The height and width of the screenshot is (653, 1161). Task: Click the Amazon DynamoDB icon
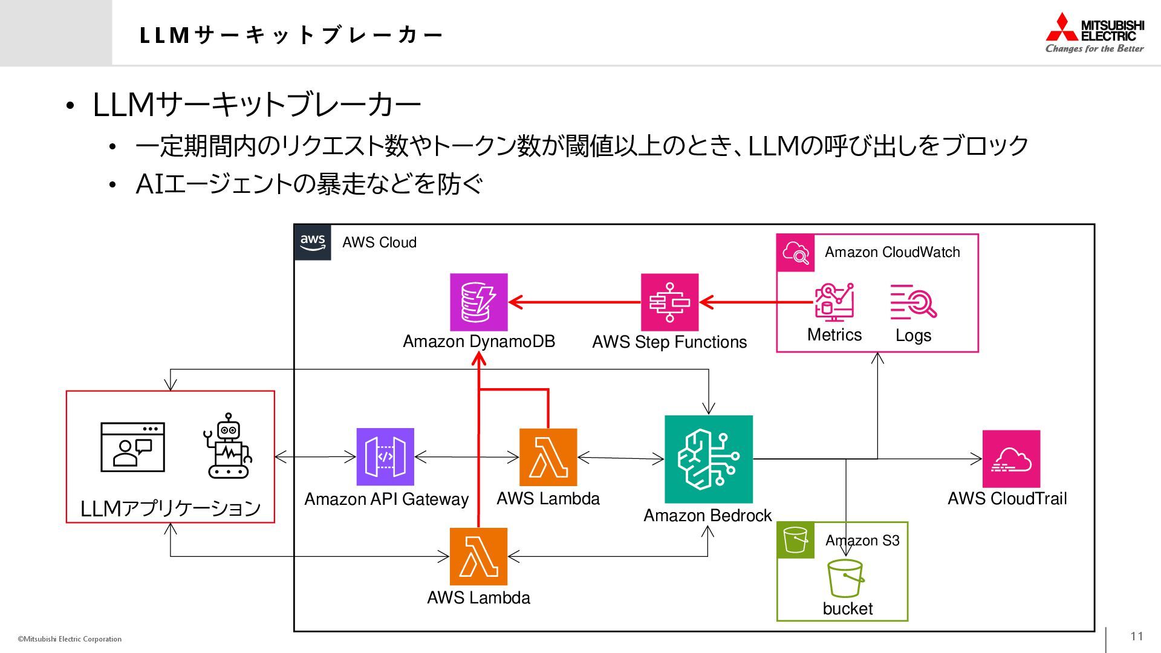coord(478,302)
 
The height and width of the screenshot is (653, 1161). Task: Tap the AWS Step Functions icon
coord(669,302)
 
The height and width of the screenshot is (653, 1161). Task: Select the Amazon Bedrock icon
coord(708,459)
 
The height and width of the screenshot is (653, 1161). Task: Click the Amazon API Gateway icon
coord(385,456)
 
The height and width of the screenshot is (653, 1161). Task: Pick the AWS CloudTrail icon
coord(1011,459)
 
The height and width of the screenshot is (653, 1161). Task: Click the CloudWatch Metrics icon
coord(834,302)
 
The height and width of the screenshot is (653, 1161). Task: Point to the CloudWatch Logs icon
coord(913,302)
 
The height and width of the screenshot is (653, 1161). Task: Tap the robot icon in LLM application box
coord(228,446)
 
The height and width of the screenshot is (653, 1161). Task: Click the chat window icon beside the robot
coord(132,447)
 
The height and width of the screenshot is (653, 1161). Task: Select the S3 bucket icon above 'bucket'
coord(845,578)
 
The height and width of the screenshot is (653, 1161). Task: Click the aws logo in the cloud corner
coord(313,242)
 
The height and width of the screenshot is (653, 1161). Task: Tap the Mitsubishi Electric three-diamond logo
coord(1062,28)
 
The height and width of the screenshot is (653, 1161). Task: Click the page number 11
coord(1137,636)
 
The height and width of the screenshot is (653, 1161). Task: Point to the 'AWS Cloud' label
coord(379,242)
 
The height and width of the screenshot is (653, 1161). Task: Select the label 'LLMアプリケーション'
coord(171,508)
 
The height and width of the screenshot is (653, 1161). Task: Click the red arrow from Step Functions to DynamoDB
coord(574,302)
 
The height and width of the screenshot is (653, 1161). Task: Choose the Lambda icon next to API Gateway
coord(548,457)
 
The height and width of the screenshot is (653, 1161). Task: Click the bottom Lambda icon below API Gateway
coord(478,556)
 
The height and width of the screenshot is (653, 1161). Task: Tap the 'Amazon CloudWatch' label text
coord(892,252)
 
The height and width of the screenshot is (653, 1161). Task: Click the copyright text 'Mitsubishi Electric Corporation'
coord(72,639)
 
